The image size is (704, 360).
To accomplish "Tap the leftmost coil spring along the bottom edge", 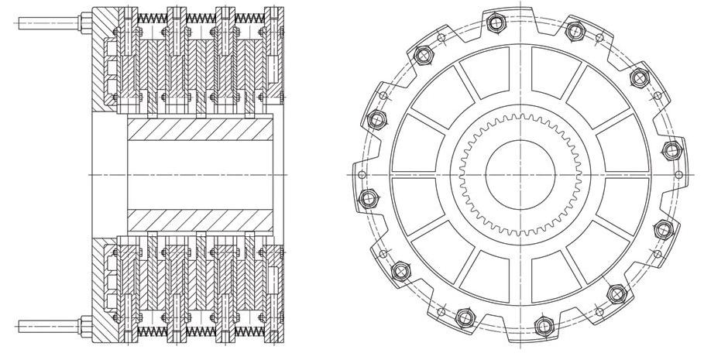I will (150, 331).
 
